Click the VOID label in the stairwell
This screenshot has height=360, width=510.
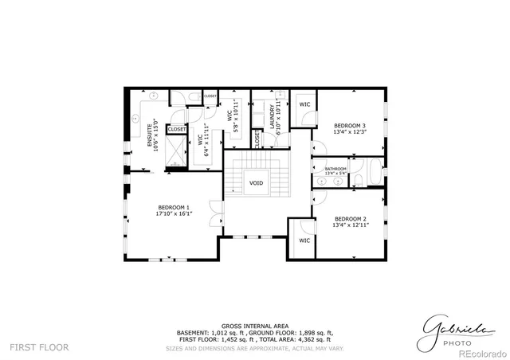[256, 182]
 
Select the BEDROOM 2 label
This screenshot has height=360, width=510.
[350, 219]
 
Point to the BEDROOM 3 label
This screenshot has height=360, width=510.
[350, 125]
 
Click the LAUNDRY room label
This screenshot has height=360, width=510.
[273, 117]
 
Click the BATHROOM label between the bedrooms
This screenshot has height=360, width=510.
[335, 168]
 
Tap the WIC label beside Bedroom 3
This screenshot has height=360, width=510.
[304, 104]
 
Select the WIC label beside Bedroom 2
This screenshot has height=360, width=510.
[304, 240]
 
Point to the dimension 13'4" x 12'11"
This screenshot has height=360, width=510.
[350, 225]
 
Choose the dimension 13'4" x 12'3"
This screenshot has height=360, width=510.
[350, 132]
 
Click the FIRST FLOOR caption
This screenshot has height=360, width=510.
[39, 347]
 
